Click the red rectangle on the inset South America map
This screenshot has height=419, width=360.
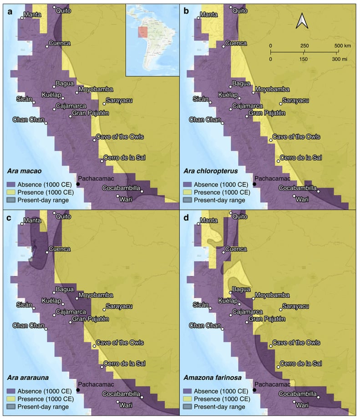point(143,32)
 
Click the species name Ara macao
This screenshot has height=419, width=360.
point(25,171)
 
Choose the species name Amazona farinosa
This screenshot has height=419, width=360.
point(210,377)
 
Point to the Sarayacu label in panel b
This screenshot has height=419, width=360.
point(296,100)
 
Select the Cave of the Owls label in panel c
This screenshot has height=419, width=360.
point(118,343)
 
